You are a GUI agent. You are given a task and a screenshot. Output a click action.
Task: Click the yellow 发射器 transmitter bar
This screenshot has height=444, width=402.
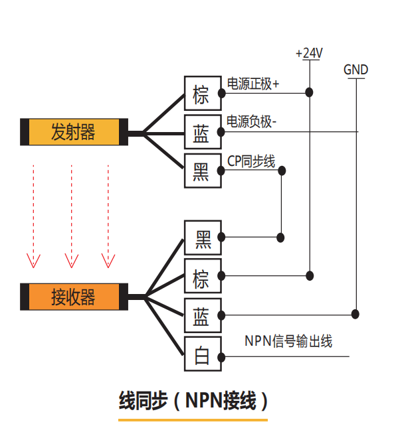(x=73, y=132)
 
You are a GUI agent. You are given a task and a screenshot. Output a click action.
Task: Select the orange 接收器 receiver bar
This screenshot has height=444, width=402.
(x=73, y=296)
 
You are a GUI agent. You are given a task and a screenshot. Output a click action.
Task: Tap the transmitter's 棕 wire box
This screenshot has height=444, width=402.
(x=201, y=94)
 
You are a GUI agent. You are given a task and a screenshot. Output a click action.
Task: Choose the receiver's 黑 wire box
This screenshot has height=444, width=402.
(x=202, y=238)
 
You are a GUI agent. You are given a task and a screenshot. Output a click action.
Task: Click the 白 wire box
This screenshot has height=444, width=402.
(x=201, y=356)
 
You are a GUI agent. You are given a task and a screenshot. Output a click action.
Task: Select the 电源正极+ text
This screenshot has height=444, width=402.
(x=253, y=84)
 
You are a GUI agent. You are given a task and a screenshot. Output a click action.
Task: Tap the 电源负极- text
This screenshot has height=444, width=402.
(x=252, y=122)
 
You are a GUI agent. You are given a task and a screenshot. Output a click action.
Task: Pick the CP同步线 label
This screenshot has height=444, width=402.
(x=251, y=161)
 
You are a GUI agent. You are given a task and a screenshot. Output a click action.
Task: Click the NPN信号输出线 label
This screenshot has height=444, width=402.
(x=288, y=342)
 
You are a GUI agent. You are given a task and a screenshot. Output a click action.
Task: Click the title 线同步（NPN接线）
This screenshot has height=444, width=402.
(x=193, y=401)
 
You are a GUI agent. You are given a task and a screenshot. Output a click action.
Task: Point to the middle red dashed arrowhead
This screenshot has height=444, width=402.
(x=70, y=259)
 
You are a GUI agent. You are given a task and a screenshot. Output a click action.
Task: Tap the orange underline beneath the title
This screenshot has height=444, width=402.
(x=193, y=420)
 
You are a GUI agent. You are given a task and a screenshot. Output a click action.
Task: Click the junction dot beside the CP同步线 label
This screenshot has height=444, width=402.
(x=282, y=171)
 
